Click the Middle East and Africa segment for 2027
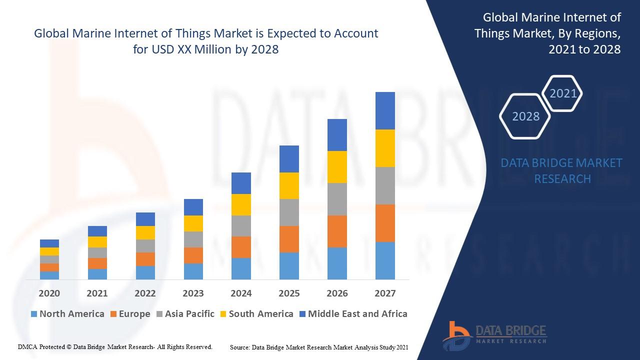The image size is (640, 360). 385,110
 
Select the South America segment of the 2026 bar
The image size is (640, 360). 337,167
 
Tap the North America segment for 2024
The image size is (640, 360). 241,268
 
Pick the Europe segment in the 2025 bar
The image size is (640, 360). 289,239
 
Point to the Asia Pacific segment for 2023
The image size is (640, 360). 193,239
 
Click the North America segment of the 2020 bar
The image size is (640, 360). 49,275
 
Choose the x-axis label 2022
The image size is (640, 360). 145,293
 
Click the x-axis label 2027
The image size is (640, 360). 385,293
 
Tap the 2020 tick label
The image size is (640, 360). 49,293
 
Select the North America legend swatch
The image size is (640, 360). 34,314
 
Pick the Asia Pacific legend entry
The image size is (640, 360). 185,314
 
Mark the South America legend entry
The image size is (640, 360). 256,314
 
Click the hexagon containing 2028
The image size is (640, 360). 525,116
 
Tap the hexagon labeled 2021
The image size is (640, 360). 563,93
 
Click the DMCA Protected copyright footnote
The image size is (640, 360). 115,346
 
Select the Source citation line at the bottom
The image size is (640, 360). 319,347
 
